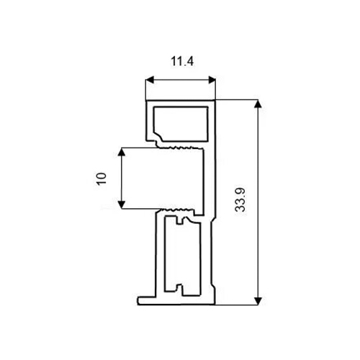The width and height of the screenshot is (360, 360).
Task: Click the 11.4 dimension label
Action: [182, 61]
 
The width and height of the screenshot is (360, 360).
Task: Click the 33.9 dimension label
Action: [240, 200]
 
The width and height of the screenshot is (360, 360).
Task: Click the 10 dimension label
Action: [102, 179]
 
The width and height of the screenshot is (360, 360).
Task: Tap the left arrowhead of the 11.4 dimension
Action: [150, 80]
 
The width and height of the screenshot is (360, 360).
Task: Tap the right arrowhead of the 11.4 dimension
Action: [212, 80]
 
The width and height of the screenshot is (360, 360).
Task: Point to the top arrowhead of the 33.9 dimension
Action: [258, 104]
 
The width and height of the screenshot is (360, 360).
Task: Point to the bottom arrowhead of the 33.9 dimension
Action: [258, 301]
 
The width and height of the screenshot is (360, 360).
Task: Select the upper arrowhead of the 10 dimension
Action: [122, 152]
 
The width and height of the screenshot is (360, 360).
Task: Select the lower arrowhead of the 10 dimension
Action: [122, 204]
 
